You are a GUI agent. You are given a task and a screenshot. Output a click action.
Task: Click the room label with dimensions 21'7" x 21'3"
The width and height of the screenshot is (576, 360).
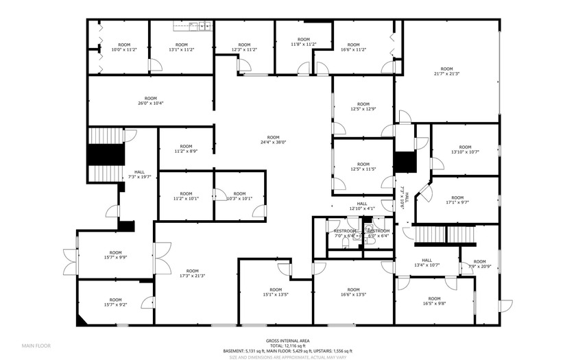(446, 71)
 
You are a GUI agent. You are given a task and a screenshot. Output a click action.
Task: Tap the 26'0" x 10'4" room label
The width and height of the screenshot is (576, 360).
(150, 101)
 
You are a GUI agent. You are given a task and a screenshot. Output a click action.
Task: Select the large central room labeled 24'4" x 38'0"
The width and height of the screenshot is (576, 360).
(273, 139)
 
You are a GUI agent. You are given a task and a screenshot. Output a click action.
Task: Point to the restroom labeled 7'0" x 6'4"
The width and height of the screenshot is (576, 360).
(344, 233)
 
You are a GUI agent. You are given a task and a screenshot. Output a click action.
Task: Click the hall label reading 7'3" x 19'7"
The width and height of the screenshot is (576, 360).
(139, 175)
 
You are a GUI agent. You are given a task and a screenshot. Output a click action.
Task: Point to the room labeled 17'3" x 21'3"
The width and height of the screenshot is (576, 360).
(193, 273)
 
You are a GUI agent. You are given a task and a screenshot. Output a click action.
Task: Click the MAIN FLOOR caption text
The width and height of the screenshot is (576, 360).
(36, 346)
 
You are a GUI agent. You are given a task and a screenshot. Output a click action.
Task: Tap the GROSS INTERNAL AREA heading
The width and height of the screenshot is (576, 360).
(287, 341)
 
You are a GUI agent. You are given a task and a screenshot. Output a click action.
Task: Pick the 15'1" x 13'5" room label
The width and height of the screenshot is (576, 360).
(276, 292)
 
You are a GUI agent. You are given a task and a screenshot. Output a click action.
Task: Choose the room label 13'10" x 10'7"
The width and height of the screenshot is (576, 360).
(465, 149)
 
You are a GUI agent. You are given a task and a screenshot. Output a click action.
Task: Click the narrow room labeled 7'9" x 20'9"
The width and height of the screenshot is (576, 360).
(479, 263)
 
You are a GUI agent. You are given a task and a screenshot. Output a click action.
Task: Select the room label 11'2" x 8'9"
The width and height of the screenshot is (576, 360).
(185, 149)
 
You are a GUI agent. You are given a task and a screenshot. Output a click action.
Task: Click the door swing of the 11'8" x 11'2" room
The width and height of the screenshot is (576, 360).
(303, 66)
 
